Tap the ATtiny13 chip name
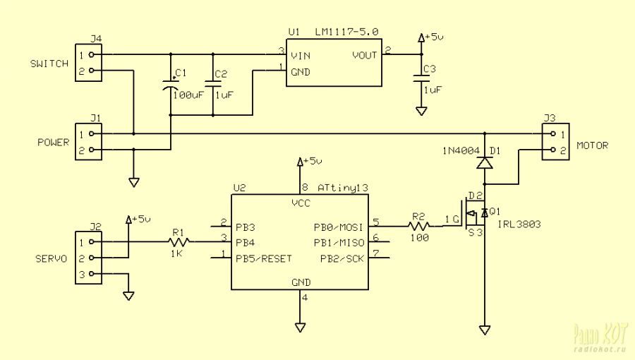344,188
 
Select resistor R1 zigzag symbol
177,242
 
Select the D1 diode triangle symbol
484,163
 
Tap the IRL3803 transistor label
520,225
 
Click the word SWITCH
49,64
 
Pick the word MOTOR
592,146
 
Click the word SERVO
51,258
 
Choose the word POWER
53,143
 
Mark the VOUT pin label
365,55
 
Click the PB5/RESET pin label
264,258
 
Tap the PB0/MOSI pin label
338,227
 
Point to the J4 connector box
89,63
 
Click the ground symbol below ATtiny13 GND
301,327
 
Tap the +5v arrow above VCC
301,162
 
